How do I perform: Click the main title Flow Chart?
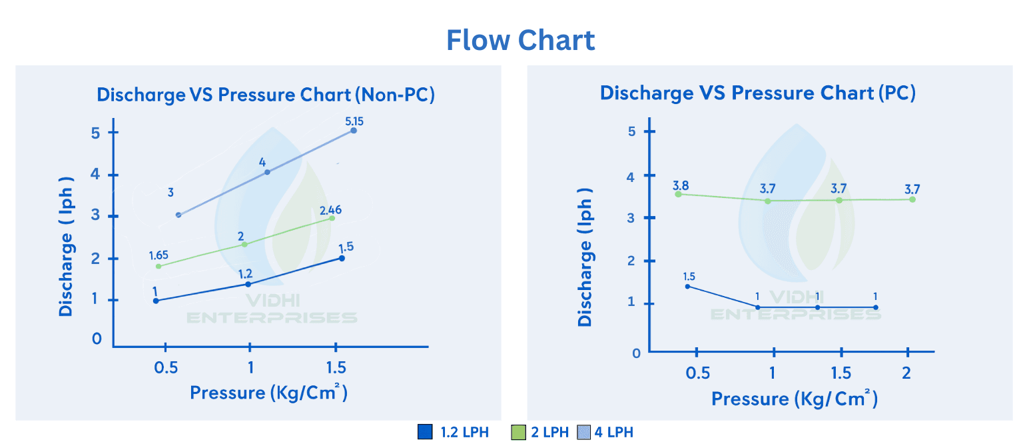(520, 41)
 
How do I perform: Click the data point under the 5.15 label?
(354, 131)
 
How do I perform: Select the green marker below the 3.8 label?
(678, 194)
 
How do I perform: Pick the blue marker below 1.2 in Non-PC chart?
(248, 284)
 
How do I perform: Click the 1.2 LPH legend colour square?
(425, 432)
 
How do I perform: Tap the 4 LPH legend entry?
(613, 432)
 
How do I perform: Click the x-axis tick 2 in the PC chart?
(906, 372)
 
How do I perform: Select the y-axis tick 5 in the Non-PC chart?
(96, 132)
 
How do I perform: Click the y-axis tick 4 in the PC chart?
(631, 176)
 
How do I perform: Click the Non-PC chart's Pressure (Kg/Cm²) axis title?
(268, 392)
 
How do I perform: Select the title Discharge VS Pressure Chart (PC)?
(757, 93)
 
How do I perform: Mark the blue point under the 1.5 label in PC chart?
(687, 287)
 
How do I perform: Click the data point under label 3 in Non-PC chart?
(178, 215)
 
